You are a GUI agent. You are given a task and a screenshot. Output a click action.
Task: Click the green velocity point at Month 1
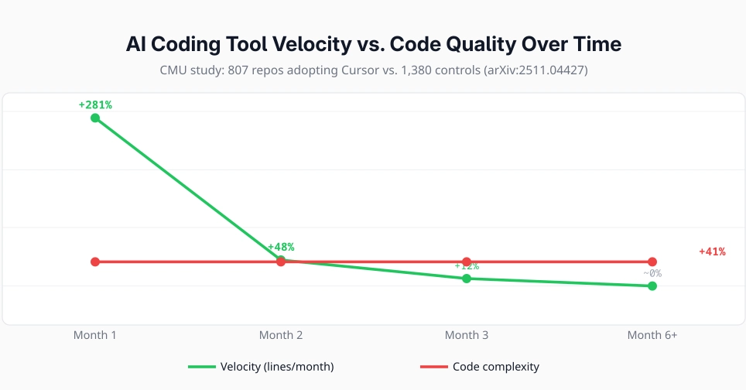point(95,118)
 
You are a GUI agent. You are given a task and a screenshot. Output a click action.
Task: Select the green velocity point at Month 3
point(467,279)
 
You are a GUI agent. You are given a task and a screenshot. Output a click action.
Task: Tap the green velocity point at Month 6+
point(652,286)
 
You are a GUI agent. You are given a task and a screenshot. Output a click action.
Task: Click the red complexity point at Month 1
point(95,262)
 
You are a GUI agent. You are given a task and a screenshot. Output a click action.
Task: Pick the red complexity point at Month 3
point(467,262)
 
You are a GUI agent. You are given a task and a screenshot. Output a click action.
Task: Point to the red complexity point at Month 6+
point(652,262)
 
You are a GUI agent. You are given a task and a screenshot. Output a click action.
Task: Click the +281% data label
point(95,104)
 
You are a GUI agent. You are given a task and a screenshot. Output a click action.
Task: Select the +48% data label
point(281,247)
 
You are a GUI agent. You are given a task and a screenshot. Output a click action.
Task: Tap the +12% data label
point(467,266)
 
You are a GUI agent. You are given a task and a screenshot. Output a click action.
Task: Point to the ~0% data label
point(652,272)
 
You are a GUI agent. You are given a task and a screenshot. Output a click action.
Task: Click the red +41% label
point(712,251)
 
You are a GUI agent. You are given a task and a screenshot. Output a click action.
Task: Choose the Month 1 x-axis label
point(95,335)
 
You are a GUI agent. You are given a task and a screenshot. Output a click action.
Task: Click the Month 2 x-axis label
point(281,335)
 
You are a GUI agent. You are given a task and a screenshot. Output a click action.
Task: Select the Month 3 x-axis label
point(467,335)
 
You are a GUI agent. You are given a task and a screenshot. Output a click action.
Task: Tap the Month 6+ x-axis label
point(652,335)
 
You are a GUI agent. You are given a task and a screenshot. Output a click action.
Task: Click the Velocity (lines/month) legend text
point(277,367)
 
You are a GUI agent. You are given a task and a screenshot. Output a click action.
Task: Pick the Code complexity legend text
point(495,367)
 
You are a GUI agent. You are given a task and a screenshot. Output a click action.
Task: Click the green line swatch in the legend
point(202,367)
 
